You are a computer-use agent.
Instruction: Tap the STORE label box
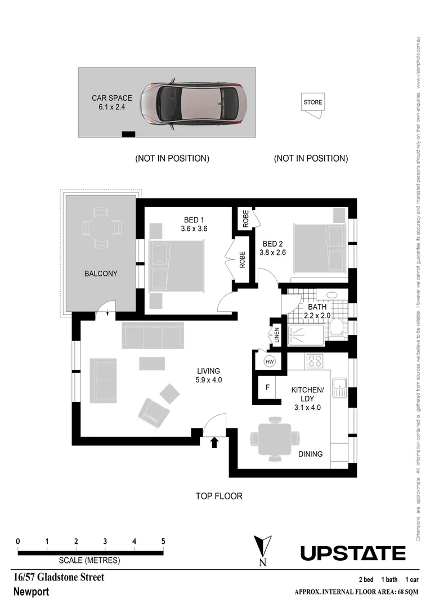(313, 102)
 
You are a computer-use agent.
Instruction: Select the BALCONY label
(101, 274)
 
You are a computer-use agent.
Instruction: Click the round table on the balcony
(101, 227)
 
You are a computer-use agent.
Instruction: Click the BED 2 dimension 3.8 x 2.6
(272, 253)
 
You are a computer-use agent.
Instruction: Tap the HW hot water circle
(269, 361)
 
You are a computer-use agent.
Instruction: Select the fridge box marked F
(268, 388)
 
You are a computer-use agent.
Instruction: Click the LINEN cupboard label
(276, 336)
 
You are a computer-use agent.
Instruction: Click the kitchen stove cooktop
(313, 361)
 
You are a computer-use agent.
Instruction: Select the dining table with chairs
(275, 437)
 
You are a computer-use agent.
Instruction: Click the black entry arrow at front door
(214, 443)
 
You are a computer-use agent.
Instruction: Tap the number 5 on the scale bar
(163, 542)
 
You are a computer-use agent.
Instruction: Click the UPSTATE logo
(352, 553)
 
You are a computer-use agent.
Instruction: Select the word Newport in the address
(31, 592)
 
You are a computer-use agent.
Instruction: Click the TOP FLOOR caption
(219, 496)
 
